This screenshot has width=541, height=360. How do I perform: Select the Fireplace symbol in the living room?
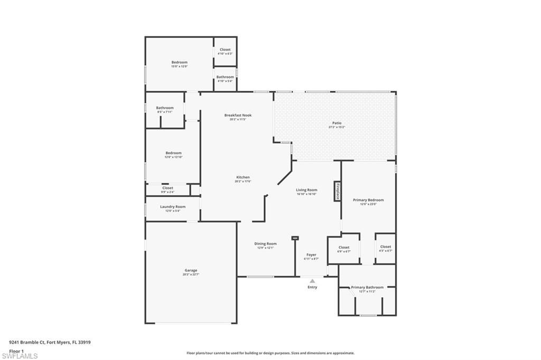click(337, 191)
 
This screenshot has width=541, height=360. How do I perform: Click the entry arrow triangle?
click(312, 281)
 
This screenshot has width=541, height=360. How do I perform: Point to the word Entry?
click(312, 287)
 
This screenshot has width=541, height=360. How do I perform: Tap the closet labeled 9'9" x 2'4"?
click(167, 190)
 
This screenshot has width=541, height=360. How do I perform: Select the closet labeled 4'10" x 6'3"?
click(225, 51)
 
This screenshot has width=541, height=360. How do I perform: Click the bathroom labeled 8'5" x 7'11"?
click(165, 110)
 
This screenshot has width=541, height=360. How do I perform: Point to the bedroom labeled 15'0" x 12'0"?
click(179, 64)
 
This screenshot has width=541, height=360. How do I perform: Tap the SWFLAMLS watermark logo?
click(20, 356)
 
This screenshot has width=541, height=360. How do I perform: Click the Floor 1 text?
click(16, 350)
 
